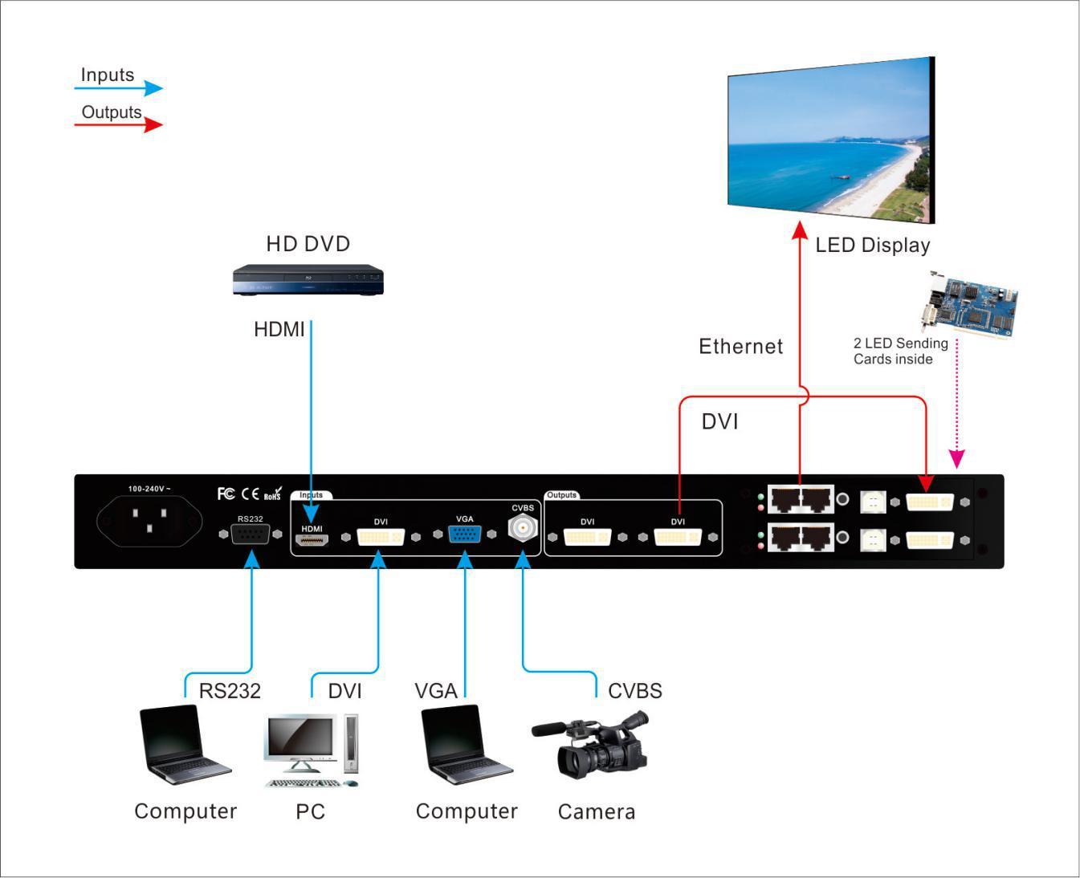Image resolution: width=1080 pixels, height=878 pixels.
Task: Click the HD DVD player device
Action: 308,280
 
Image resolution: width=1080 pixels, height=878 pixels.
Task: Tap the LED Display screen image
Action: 831,140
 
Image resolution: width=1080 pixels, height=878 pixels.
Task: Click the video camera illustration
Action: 591,746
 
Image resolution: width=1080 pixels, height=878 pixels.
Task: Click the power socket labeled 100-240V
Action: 149,520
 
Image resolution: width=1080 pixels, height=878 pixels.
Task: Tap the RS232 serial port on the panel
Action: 250,533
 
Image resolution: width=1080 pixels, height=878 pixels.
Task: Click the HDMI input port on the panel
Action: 311,540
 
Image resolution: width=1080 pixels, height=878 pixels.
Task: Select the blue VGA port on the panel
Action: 464,535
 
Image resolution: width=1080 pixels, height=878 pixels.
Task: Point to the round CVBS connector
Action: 523,529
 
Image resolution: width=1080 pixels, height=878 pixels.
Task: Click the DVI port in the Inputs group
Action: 381,537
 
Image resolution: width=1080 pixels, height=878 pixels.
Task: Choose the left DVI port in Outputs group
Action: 587,537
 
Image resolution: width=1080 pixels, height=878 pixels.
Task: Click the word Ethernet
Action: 740,347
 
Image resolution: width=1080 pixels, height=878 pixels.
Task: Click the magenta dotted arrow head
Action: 956,458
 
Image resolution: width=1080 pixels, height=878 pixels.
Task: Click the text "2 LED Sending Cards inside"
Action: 900,351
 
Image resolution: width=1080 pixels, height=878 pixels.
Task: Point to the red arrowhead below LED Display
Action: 799,231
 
